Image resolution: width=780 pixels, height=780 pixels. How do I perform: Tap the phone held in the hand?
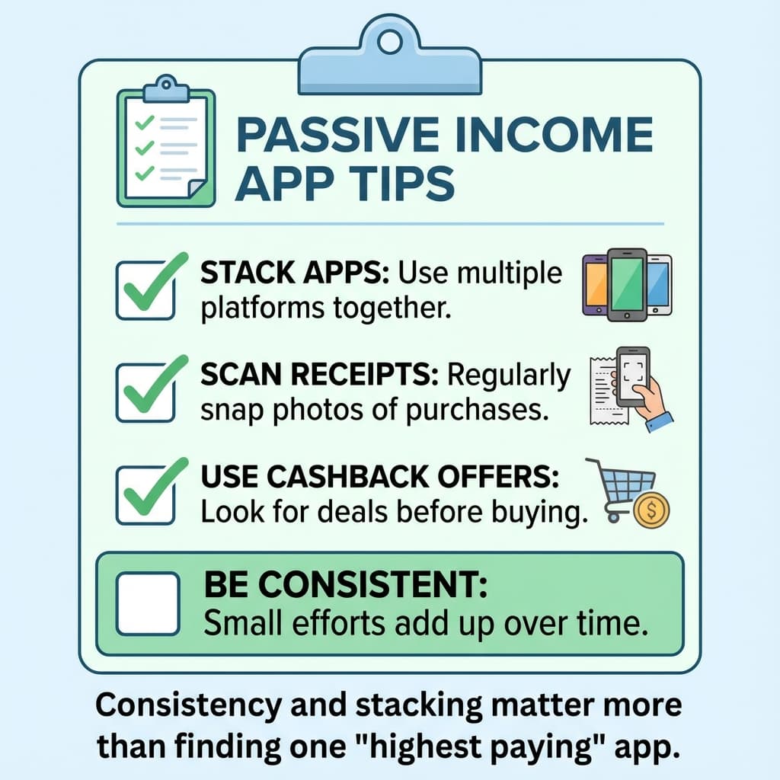point(633,376)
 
